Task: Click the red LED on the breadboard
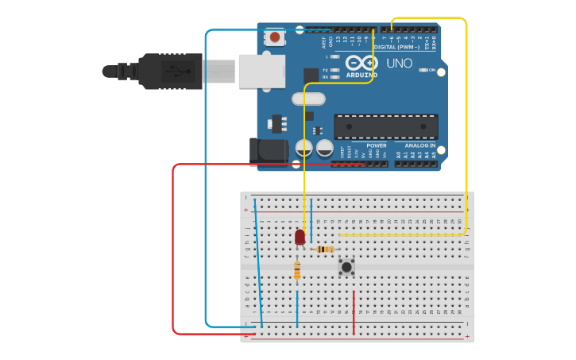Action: pos(300,237)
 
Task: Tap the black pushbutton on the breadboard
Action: pos(346,267)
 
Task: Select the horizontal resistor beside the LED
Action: pos(325,250)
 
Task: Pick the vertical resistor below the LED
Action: pos(297,272)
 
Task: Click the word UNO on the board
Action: pos(399,64)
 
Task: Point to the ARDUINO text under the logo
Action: pos(361,75)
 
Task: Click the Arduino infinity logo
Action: pos(361,64)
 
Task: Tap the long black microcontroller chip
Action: pos(385,126)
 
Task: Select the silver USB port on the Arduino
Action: pos(261,72)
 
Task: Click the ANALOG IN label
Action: pos(419,145)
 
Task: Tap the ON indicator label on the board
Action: pos(431,71)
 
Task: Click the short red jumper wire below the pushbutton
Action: pos(354,312)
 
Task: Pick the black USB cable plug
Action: pos(171,71)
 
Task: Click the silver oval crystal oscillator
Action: pos(308,99)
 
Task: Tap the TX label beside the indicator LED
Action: pos(326,71)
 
